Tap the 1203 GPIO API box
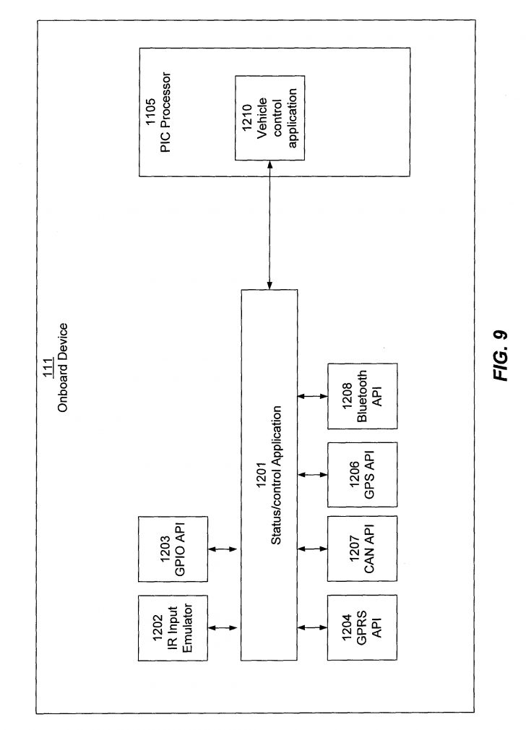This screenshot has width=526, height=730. point(171,549)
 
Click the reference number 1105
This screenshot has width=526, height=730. point(150,112)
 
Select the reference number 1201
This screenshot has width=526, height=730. point(262,474)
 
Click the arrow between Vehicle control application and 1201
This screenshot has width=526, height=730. point(270,225)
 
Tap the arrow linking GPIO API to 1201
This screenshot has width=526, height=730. point(223,549)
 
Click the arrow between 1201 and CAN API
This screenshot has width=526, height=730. point(312,549)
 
